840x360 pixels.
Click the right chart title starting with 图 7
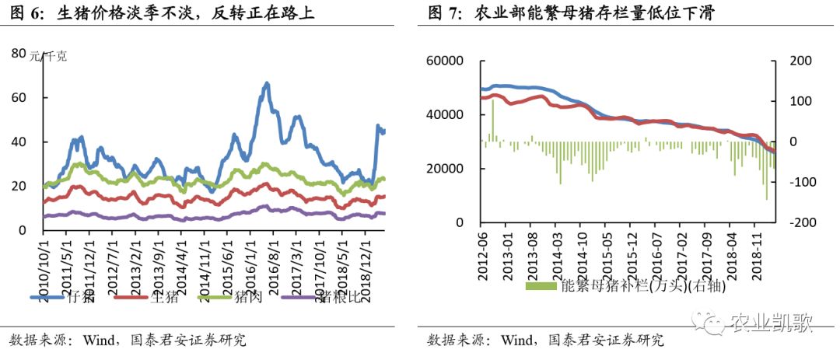pos(571,13)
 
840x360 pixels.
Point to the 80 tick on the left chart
pos(20,53)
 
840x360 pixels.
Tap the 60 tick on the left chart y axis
pos(20,98)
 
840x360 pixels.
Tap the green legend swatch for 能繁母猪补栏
pos(542,285)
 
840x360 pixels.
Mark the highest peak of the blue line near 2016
pos(267,83)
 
